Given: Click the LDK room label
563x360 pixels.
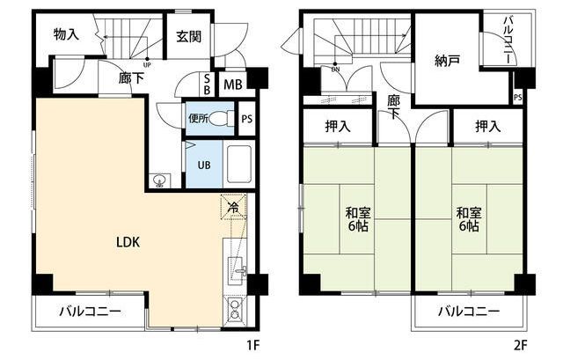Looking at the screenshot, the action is click(128, 242).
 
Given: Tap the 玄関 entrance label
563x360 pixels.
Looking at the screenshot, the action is click(188, 37).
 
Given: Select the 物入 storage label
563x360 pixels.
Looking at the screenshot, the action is click(66, 34).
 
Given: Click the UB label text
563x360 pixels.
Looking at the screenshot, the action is click(204, 165).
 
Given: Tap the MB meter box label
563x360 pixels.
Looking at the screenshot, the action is click(232, 84).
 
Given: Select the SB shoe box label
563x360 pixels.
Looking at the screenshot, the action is click(207, 84).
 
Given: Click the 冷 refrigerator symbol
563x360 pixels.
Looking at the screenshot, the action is click(233, 207).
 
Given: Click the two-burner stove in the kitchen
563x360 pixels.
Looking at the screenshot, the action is click(235, 309).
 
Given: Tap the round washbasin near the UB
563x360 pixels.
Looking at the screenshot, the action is click(160, 180).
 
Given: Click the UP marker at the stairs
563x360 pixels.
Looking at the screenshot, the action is click(147, 65).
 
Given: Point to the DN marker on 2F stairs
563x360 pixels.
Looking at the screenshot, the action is click(335, 69).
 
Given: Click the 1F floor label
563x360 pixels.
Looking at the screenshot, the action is click(252, 346).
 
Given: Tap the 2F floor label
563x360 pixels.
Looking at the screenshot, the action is click(520, 346).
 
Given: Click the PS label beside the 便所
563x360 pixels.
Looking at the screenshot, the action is click(246, 119).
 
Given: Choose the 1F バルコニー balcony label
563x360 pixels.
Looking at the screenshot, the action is click(90, 311).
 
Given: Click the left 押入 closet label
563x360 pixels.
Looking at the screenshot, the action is click(338, 126).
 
